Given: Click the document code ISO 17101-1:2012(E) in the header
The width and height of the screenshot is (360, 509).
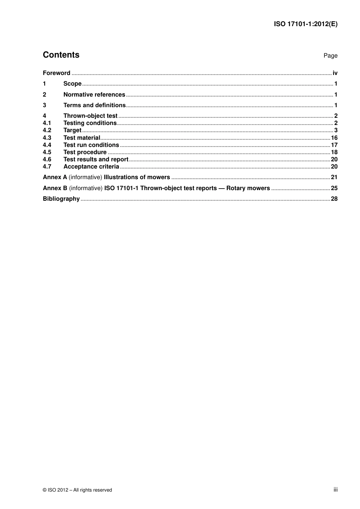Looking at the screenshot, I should (305, 24).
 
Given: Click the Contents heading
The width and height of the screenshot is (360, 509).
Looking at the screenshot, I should (61, 55).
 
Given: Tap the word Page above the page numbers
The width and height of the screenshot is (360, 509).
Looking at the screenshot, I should (330, 56).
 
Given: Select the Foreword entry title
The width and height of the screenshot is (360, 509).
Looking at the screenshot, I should (56, 73).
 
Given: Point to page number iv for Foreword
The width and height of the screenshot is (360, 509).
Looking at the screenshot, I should (335, 73).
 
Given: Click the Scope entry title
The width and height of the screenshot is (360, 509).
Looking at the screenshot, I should (72, 84).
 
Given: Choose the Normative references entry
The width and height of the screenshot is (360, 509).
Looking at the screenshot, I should (94, 95).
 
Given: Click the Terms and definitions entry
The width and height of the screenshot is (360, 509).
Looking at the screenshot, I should (94, 105).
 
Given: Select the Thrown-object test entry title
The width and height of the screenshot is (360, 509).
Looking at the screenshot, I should (90, 116).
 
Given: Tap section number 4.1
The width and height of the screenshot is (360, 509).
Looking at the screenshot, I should (47, 123).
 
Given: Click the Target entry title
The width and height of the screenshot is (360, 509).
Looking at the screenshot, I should (72, 130).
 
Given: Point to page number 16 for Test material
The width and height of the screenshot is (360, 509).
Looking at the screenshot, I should (334, 138).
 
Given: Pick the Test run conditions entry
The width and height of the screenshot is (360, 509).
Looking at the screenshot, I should (91, 145).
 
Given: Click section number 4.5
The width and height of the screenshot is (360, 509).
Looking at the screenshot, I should (47, 152).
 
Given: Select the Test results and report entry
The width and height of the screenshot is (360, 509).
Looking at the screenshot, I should (96, 159).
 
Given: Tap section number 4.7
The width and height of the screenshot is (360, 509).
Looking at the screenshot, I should (47, 167).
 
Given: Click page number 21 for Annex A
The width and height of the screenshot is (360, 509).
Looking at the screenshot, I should (334, 177).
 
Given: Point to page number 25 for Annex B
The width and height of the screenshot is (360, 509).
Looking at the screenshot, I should (334, 188).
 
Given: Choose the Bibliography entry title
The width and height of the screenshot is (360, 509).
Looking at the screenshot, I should (61, 199).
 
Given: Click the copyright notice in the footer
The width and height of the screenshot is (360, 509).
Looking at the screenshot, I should (77, 490).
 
